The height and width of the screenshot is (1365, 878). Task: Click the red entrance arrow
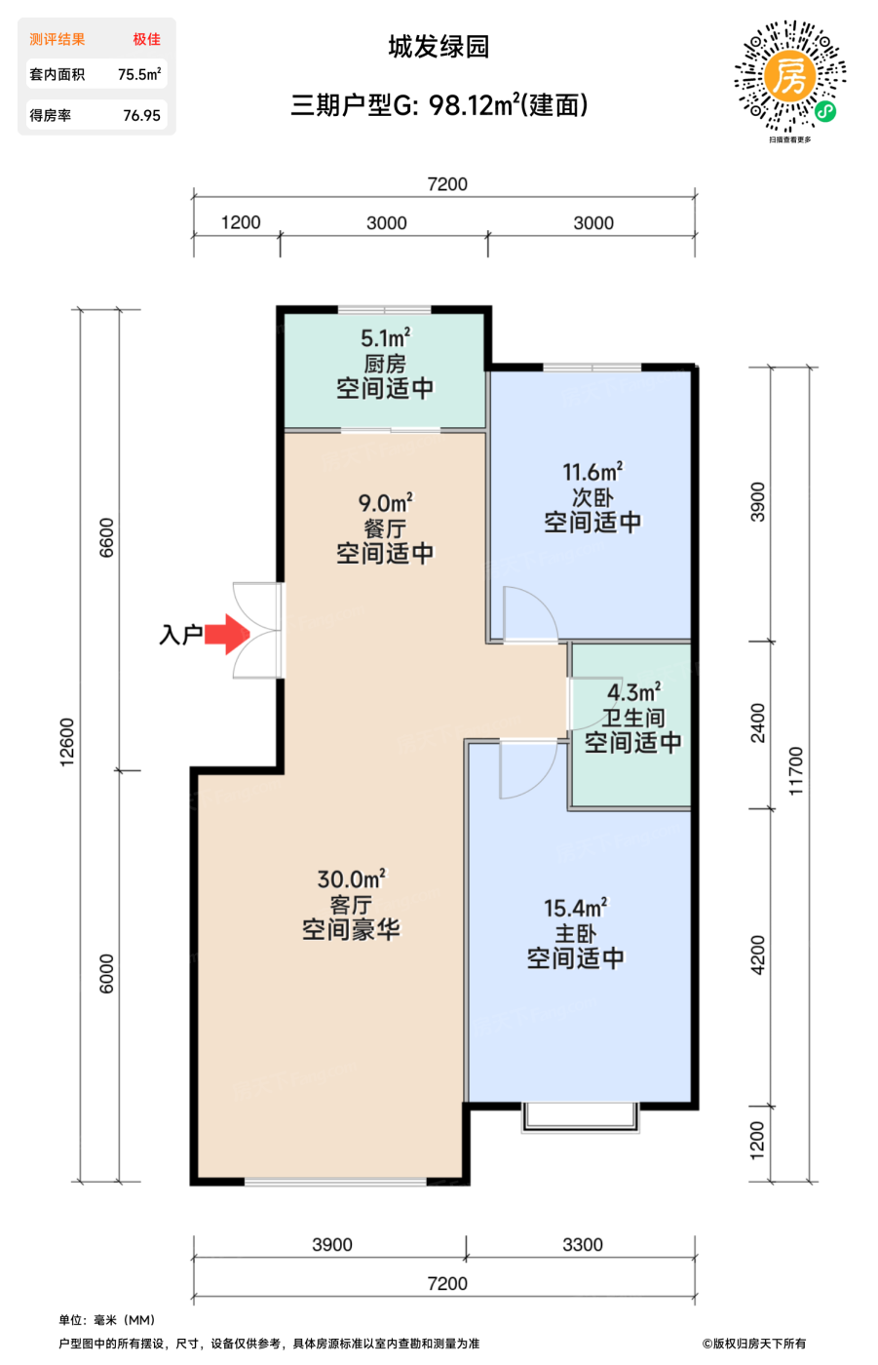(x=226, y=634)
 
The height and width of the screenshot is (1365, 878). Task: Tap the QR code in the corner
(x=789, y=76)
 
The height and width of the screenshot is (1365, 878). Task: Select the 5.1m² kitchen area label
(x=386, y=337)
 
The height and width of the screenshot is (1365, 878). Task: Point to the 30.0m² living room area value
(x=352, y=878)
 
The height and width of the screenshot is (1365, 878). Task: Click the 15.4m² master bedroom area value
(x=575, y=908)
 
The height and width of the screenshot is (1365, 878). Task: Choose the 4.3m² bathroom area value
(x=633, y=692)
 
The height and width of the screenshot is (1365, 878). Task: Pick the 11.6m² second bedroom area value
(x=592, y=472)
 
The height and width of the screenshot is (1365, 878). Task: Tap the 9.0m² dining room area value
(x=386, y=503)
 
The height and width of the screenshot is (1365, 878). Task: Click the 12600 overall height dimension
(x=67, y=742)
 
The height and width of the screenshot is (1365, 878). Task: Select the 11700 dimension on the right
(x=796, y=771)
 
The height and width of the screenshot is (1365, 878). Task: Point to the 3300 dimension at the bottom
(x=583, y=1244)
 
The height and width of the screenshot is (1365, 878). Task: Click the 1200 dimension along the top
(x=241, y=222)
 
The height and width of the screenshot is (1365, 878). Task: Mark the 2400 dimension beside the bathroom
(x=757, y=722)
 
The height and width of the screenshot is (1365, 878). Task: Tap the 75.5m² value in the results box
(x=139, y=74)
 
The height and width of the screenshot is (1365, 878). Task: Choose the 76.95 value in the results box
(x=142, y=115)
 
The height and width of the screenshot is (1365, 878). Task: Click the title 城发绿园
(x=439, y=47)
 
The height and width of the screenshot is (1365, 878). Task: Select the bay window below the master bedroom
(x=580, y=1117)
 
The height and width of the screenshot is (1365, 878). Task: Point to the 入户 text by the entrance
(x=180, y=635)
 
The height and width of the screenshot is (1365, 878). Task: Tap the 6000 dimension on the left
(x=106, y=974)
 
